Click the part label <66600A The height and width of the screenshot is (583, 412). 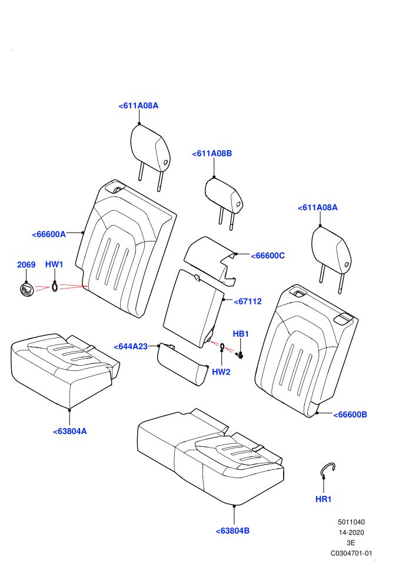49,234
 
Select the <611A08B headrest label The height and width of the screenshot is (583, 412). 212,154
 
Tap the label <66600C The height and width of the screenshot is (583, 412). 268,256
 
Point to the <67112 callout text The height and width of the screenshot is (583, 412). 248,302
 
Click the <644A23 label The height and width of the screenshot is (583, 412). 131,346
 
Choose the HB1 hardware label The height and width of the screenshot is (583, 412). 241,334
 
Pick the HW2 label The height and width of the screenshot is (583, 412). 221,372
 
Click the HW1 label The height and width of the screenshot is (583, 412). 54,264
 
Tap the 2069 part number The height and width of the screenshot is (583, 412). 26,265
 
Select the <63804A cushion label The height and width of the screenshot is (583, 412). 70,431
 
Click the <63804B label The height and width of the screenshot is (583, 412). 232,531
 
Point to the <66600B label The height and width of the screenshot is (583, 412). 350,415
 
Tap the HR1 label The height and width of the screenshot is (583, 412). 323,499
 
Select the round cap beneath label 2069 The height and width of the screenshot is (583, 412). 26,289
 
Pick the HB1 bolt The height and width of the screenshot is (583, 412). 240,355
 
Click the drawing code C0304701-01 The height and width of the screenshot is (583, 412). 351,553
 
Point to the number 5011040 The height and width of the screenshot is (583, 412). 351,522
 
